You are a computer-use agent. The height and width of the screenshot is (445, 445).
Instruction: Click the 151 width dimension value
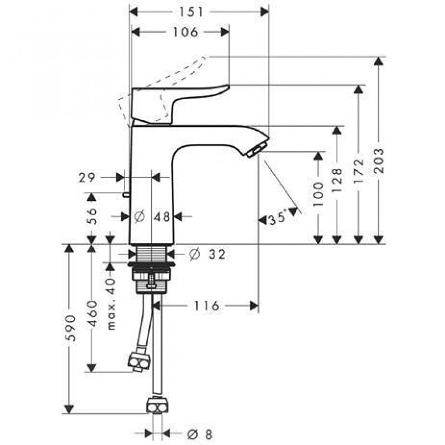tap(191, 12)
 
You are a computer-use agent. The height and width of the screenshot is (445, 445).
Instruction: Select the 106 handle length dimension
tap(185, 32)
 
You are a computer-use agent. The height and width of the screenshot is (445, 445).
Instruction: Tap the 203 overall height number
tap(378, 161)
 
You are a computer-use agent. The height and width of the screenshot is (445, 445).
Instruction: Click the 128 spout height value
tap(337, 180)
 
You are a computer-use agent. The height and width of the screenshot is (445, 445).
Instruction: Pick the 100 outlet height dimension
tap(318, 194)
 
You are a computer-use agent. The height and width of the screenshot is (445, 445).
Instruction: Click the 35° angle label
tap(277, 219)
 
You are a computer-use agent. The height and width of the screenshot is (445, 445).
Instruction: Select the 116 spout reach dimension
tap(206, 306)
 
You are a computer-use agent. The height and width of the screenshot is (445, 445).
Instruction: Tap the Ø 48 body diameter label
tap(152, 217)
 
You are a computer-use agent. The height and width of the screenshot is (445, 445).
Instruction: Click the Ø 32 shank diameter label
tap(207, 254)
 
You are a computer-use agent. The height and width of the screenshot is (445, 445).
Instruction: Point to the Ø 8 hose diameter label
tap(200, 434)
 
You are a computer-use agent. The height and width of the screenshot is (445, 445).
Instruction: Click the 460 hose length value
tap(91, 314)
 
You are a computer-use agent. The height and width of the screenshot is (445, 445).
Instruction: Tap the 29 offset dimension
tap(87, 178)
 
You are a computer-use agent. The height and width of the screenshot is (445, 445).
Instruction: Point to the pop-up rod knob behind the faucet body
tap(126, 195)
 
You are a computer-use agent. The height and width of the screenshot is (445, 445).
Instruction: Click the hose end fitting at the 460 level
tap(139, 362)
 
